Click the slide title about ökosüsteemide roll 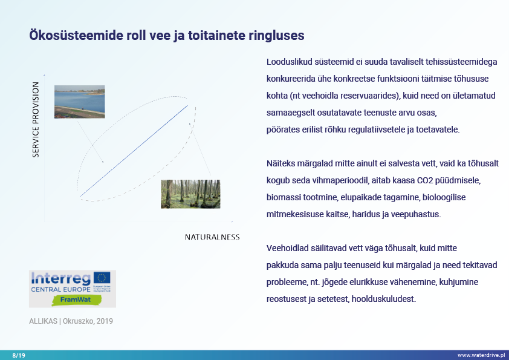coord(167,36)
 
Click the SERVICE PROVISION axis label coord(36,120)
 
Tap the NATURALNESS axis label coord(212,237)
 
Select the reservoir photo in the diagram coord(79,102)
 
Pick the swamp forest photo coord(190,194)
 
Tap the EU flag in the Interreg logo coord(102,277)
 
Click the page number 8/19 coord(19,355)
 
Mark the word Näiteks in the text coord(280,163)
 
